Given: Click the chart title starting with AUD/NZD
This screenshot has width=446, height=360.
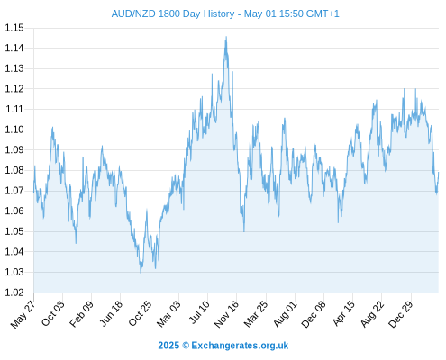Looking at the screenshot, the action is coord(225,13).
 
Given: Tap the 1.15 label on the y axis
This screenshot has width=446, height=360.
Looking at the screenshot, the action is coord(14,28).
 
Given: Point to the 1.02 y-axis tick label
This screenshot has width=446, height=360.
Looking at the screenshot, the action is coord(14,292).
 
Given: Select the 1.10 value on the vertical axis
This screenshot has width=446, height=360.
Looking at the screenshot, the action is coord(14,130).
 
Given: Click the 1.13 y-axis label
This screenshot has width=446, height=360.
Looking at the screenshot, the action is coord(14,68).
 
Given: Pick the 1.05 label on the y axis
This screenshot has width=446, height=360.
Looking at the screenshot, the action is coord(14,231).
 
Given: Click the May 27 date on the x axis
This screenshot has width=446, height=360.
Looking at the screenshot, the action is coord(23,314).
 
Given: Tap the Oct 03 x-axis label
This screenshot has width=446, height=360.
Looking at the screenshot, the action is coord(52,313).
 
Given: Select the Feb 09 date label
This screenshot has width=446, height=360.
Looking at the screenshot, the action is coord(81,313).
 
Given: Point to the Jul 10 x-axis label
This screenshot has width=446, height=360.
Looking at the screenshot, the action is coord(198,311).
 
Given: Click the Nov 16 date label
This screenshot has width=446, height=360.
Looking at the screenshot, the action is coord(226,314).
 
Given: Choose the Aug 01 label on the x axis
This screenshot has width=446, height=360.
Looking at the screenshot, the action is coord(285,313).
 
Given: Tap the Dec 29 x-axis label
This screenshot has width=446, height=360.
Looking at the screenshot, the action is coord(401,314).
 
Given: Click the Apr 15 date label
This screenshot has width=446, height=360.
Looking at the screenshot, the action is coord(343,313).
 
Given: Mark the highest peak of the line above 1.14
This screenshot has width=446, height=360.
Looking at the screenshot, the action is coord(226,37).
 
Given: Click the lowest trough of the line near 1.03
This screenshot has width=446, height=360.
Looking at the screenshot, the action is coord(141,273).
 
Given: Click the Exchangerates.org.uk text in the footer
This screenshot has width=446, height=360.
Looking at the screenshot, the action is coord(240,346).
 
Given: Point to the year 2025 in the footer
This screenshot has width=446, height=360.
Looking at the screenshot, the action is coord(168,346).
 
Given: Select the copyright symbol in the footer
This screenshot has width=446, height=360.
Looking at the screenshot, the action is coord(186,346).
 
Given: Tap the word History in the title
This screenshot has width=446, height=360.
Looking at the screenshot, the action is coord(219,13).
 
